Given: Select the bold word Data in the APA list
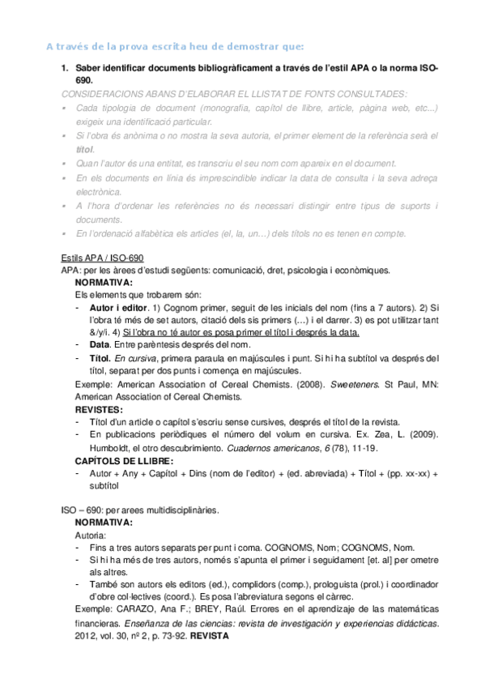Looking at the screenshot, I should (101, 344).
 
